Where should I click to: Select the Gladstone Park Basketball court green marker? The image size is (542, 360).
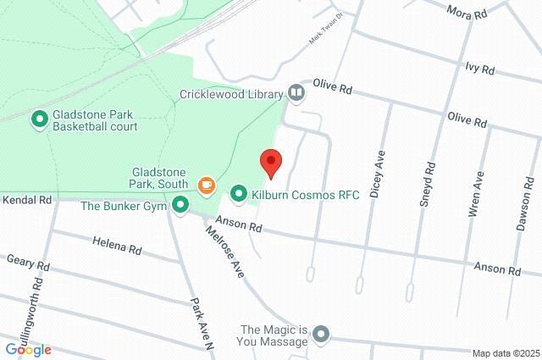coord(39,120)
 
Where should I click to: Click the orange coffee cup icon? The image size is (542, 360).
coord(205,184)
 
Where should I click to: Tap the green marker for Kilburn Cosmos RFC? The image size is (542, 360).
coord(239,195)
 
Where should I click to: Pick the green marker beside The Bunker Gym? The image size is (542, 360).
coord(180,205)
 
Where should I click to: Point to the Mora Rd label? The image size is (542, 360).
coord(468,14)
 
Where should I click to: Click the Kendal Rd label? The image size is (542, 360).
coord(27,201)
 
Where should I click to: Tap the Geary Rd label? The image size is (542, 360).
coord(29,264)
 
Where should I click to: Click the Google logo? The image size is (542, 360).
coord(28,349)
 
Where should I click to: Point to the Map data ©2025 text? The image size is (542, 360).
coord(505,353)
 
